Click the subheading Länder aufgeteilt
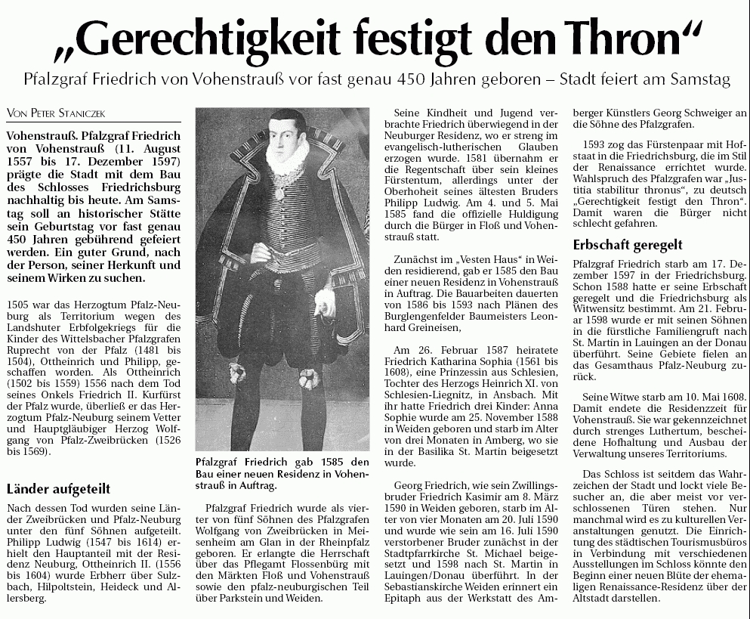coord(57,488)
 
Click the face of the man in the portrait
coord(285,134)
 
